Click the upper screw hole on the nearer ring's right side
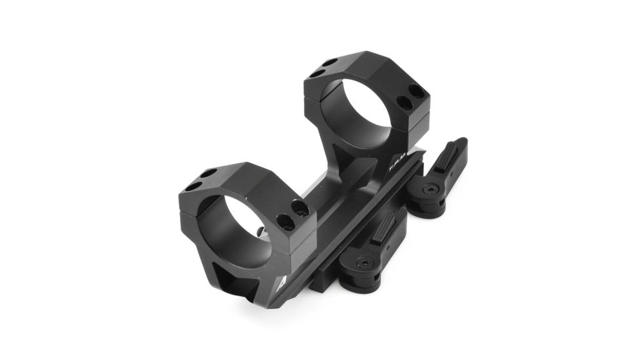click(x=300, y=208)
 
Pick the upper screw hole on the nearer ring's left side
click(x=208, y=173)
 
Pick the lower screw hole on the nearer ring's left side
click(x=194, y=186)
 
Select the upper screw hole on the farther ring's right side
click(x=415, y=91)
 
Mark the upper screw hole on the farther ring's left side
click(x=329, y=63)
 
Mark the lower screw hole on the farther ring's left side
click(x=316, y=74)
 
